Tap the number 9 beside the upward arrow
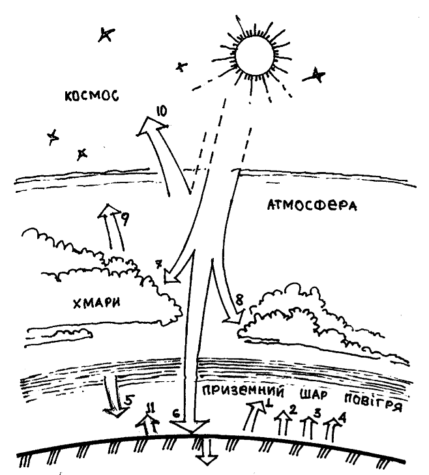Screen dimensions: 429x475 [x=123, y=220]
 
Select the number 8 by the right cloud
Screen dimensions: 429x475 [x=239, y=300]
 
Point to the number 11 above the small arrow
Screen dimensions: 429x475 [x=151, y=408]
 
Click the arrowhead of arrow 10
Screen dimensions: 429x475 [x=148, y=127]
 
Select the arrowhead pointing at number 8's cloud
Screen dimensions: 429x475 [x=230, y=318]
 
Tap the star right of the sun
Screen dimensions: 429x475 [x=316, y=76]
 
